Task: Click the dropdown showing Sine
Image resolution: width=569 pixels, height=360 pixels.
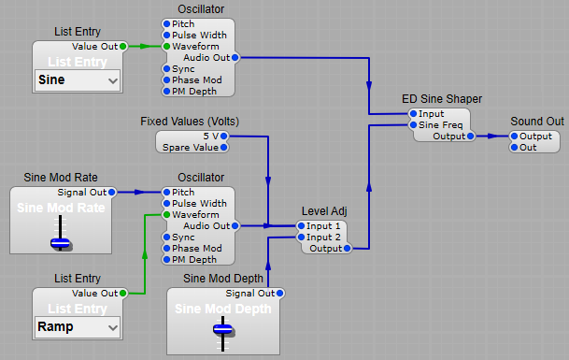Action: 78,81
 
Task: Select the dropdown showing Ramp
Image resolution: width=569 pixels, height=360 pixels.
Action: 78,327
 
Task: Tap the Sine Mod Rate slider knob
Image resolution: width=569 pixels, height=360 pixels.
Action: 61,242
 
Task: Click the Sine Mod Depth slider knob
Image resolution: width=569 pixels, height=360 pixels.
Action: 222,328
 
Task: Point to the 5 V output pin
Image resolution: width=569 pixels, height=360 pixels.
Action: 226,136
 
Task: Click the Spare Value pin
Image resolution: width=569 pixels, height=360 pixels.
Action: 226,148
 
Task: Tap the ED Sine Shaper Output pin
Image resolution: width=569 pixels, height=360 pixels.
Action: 470,136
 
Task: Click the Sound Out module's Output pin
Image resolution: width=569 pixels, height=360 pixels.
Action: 514,136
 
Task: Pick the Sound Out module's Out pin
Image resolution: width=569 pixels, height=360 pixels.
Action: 514,147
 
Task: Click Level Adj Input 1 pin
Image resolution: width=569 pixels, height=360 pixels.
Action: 301,225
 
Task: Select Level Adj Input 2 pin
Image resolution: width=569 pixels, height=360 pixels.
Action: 301,237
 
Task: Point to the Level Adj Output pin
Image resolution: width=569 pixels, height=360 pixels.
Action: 347,248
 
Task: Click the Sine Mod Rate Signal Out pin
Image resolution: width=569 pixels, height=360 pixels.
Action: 112,192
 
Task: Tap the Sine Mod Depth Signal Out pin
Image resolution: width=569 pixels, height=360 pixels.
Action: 279,293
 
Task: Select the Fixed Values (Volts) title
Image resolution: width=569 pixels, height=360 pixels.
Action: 191,122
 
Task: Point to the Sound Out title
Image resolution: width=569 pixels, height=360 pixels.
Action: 536,122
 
